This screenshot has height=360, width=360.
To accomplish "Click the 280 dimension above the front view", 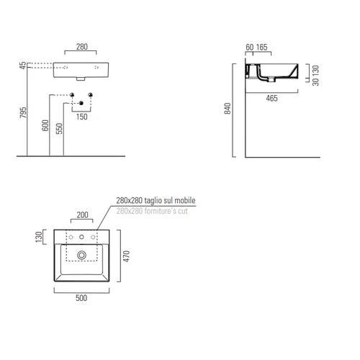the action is (82, 47).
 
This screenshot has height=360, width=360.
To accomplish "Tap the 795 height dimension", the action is (23, 112).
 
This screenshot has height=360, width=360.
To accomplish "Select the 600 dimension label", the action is (45, 125).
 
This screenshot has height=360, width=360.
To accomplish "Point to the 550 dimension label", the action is (59, 128).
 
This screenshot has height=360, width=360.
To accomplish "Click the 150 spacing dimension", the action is (82, 117).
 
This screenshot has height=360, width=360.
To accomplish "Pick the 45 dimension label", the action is (23, 66).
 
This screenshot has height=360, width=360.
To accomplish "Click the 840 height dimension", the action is (228, 108).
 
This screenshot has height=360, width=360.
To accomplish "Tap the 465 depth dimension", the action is (271, 98).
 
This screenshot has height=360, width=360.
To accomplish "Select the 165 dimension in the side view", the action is (261, 47).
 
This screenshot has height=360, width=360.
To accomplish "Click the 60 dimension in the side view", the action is (250, 47).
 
